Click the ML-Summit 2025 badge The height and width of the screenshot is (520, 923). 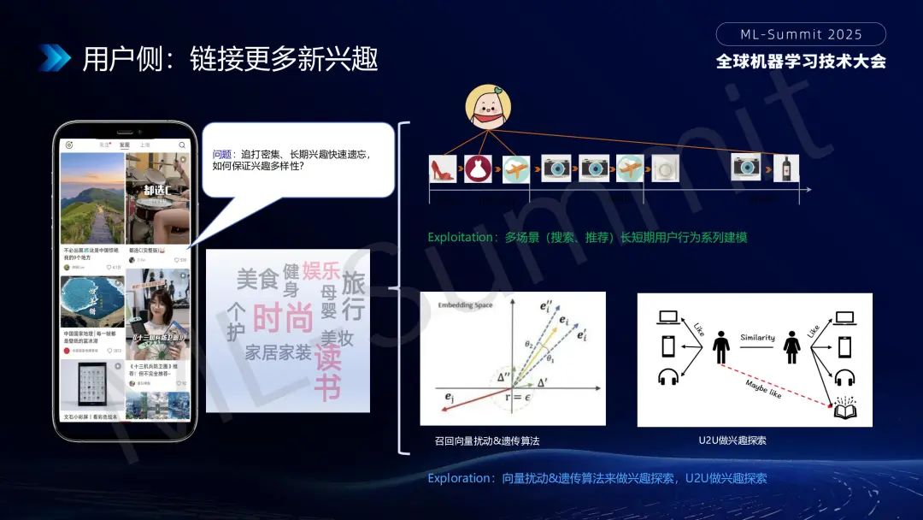(801, 34)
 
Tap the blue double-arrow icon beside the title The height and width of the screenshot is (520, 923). (54, 57)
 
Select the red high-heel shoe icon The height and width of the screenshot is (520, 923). (442, 168)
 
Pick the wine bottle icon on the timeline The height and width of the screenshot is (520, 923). (785, 168)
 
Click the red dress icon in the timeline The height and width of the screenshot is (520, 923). (478, 168)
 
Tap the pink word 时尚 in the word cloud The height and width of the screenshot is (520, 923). (283, 318)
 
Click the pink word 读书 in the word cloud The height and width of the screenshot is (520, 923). (327, 372)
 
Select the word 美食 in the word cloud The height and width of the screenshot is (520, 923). (257, 278)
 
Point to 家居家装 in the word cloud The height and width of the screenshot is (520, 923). (278, 352)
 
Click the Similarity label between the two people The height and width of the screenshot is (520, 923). (757, 337)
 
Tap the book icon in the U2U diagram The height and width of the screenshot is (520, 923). (845, 410)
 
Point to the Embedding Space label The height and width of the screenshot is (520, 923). (466, 305)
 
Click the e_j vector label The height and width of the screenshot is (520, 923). (450, 398)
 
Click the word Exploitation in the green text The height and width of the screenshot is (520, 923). (461, 237)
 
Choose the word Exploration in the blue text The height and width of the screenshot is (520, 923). (460, 478)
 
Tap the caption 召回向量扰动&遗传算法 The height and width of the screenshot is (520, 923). (487, 441)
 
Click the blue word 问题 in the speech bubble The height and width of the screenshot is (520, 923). (222, 154)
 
